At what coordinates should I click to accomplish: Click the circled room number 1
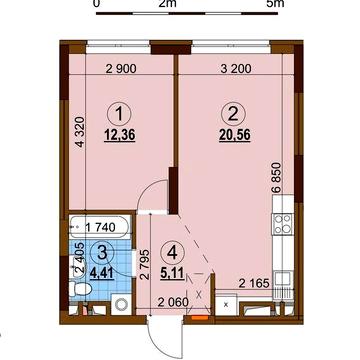pyautogui.click(x=119, y=115)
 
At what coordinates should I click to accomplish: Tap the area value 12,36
pyautogui.click(x=119, y=135)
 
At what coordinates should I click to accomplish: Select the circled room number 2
pyautogui.click(x=234, y=115)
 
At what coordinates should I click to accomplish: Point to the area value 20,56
pyautogui.click(x=235, y=135)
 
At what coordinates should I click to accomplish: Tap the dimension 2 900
pyautogui.click(x=121, y=69)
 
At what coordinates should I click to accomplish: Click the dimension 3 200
pyautogui.click(x=236, y=69)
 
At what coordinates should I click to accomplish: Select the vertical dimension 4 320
pyautogui.click(x=79, y=132)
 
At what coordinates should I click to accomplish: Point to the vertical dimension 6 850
pyautogui.click(x=277, y=177)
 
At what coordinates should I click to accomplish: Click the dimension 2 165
pyautogui.click(x=255, y=284)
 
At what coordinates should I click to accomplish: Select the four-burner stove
pyautogui.click(x=283, y=224)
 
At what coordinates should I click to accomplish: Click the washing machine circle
pyautogui.click(x=121, y=305)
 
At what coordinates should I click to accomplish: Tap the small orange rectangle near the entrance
pyautogui.click(x=199, y=318)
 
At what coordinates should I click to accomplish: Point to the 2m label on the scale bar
pyautogui.click(x=168, y=4)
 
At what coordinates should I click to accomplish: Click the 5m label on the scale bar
pyautogui.click(x=276, y=4)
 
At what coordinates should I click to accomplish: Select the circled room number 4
pyautogui.click(x=172, y=254)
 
